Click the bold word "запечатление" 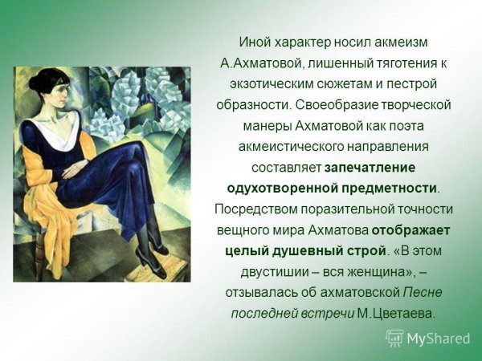click(x=370, y=167)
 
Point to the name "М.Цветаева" click(x=395, y=313)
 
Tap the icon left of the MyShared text click(x=394, y=338)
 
